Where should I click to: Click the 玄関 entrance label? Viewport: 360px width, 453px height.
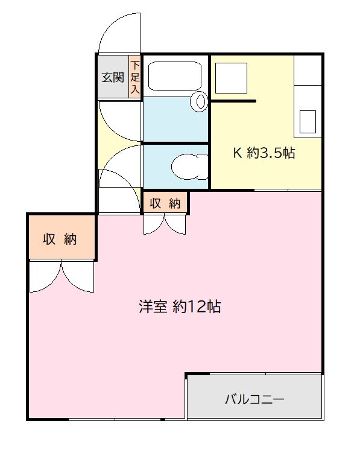tap(112, 77)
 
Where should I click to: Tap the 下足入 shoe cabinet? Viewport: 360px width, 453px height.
tap(135, 77)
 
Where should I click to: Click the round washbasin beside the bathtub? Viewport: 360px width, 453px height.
tap(198, 102)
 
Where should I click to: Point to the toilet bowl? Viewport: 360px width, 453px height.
tap(186, 166)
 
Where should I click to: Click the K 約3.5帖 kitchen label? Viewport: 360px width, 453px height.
tap(264, 153)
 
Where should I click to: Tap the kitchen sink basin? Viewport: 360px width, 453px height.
tap(308, 122)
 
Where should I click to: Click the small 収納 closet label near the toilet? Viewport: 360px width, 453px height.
tap(165, 203)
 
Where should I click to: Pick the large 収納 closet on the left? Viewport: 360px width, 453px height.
tap(60, 239)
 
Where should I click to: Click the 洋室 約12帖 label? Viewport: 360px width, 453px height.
tap(179, 307)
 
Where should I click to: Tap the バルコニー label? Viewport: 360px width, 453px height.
tap(254, 399)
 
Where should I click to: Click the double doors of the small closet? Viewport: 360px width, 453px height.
tap(165, 224)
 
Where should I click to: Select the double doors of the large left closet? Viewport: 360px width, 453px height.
tap(61, 276)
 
